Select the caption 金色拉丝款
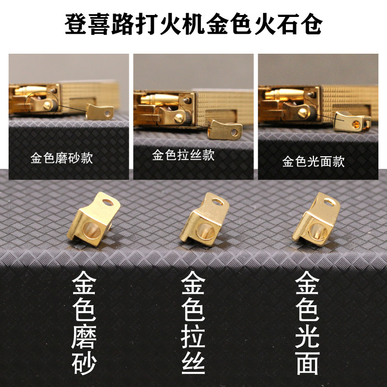tap(183, 155)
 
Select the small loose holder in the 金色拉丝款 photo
tap(226, 130)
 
